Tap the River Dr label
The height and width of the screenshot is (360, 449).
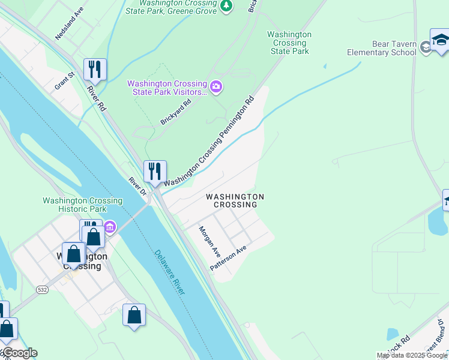coord(138,186)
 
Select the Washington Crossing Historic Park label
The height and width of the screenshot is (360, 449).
coord(82,205)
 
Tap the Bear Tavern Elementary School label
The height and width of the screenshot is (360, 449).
coord(381,48)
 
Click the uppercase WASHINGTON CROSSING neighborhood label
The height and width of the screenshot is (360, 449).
coord(235,200)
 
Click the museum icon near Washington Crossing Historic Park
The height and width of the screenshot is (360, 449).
coord(110,227)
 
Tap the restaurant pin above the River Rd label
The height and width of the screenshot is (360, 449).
coord(95,69)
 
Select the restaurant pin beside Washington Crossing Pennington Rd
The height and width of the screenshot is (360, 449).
coord(155,171)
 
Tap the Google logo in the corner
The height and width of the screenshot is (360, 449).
coord(19,353)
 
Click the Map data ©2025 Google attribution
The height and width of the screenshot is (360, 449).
coord(412,355)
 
